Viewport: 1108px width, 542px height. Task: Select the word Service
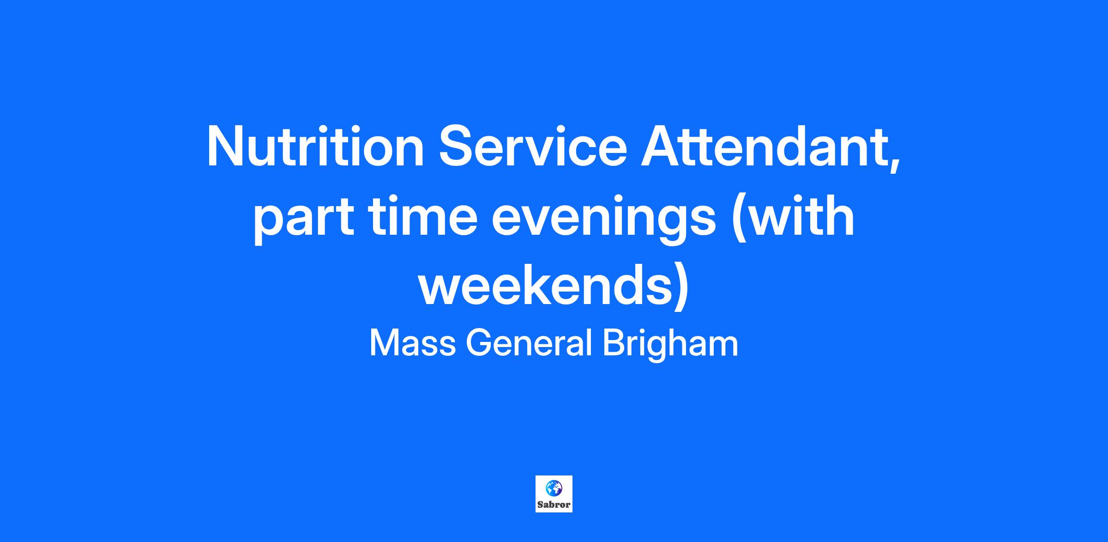pos(533,146)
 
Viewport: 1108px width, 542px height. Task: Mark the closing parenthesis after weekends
pos(681,288)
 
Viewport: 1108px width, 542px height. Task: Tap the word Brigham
pos(670,346)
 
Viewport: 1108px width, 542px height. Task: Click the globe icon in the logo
pos(554,488)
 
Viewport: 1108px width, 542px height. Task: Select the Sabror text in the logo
pos(554,505)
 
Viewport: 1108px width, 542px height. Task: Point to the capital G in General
pos(479,343)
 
